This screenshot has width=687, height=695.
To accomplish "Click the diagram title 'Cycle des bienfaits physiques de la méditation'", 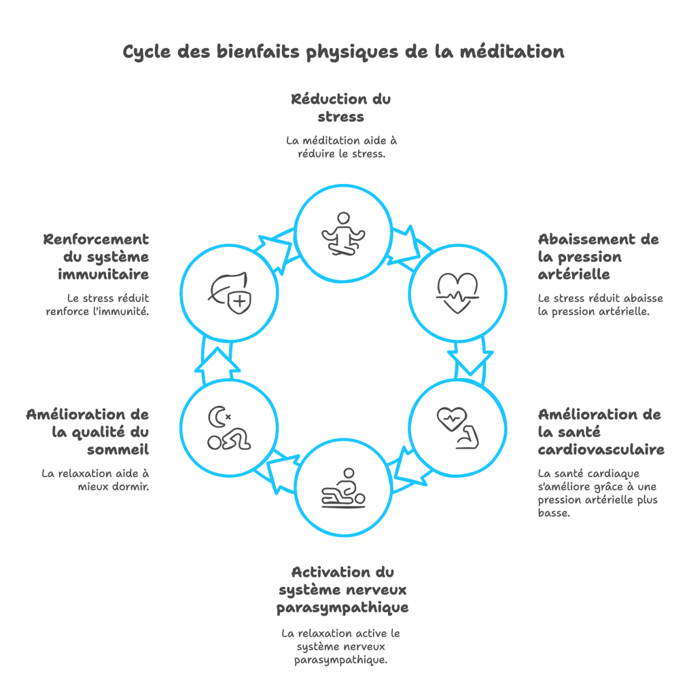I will [343, 52].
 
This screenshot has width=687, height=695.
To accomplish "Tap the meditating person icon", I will [343, 234].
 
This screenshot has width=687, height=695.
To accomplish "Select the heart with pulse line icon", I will [457, 293].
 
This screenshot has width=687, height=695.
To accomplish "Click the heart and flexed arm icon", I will [457, 428].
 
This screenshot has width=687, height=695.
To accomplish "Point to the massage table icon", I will [343, 487].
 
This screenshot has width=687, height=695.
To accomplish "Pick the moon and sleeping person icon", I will [228, 428].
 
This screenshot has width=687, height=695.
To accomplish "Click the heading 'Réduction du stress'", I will [341, 108].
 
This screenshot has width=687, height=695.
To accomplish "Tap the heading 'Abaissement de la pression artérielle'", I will [598, 257].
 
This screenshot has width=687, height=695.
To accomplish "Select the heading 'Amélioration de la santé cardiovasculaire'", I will [601, 432].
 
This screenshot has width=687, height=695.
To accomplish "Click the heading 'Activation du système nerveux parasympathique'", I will [342, 589].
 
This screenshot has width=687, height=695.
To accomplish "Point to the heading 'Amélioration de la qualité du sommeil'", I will [88, 432].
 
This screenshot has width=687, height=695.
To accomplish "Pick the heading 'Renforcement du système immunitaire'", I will [96, 257].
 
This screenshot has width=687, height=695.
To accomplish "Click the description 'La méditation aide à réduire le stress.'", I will [341, 147].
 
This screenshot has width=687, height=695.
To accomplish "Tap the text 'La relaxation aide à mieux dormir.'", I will [95, 480].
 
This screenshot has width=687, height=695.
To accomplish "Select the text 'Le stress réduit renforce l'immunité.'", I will [98, 305].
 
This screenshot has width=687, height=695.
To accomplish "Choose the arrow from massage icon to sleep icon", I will [281, 472].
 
